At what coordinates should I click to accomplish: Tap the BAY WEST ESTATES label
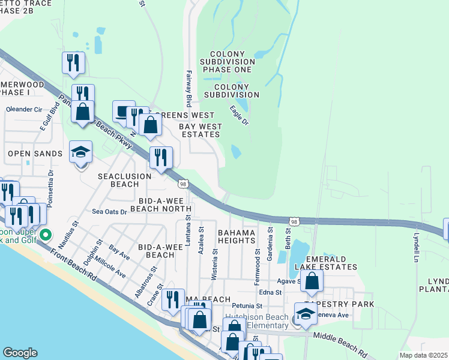(200, 131)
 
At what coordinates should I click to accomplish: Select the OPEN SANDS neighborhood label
(35, 154)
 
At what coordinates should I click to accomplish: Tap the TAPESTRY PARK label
(339, 304)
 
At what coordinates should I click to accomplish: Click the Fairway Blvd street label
(188, 88)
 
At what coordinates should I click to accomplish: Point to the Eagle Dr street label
(239, 115)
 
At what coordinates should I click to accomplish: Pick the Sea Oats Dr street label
(109, 212)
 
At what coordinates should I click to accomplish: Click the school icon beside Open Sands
(80, 153)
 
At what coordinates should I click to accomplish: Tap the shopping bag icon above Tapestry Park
(312, 280)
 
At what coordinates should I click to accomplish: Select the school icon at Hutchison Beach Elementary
(306, 314)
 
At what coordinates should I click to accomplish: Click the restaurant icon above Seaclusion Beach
(160, 157)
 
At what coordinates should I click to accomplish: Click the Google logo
(20, 353)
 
